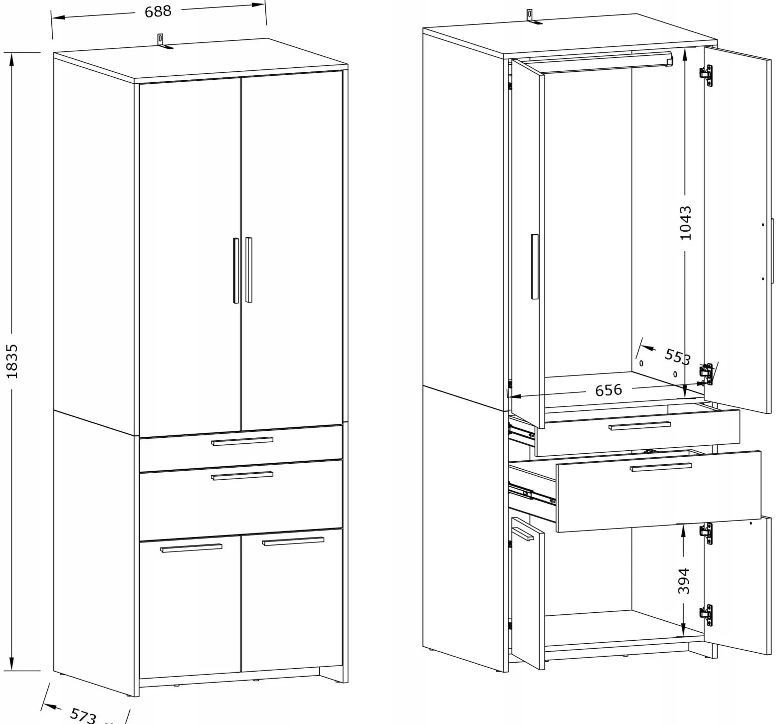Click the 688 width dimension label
coord(158,11)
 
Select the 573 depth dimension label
coord(83,716)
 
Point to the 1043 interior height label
coord(686,222)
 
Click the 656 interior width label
coord(608,389)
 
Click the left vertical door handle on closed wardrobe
coord(236,270)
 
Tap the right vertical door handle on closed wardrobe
coord(248,269)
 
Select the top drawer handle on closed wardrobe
coord(242,441)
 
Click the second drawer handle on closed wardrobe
coord(242,476)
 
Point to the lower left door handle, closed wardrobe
coord(191,547)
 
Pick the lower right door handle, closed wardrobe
coord(293,541)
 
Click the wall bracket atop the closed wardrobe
coord(163,41)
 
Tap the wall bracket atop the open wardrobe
coord(532,17)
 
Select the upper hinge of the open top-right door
coord(707,73)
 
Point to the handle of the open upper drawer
coord(639,425)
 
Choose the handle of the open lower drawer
coord(661,467)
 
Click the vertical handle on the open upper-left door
coord(535,267)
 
